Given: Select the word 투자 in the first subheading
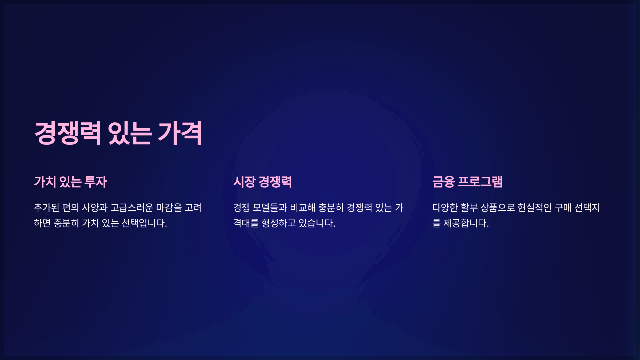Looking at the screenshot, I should pos(95,182).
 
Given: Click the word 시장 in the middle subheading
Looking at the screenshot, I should pos(244,182).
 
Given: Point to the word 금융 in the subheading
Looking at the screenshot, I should pos(443,182).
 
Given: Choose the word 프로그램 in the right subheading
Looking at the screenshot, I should pos(480,182).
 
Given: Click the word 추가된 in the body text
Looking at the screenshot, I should pos(46,207).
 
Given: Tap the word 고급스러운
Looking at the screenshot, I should pos(132,207).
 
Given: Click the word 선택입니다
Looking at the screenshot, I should pos(144,223).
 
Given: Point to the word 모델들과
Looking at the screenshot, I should pos(270,207).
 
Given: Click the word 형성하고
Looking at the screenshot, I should pos(279,223).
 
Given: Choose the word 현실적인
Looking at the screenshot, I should pos(534,207).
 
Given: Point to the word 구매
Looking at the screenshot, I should pos(563,207).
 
